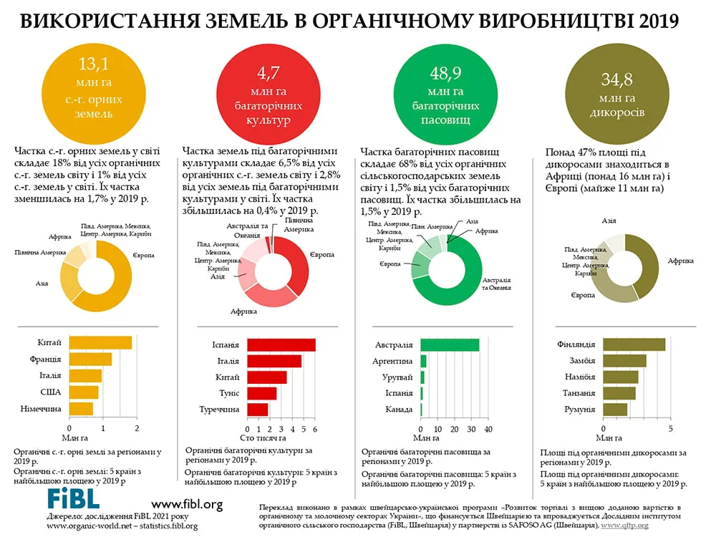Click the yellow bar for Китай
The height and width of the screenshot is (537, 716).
coord(100,343)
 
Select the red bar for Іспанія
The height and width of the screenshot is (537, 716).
coord(281,345)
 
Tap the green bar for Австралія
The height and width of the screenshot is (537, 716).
coord(450,345)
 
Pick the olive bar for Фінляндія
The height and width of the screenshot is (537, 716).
coord(634,344)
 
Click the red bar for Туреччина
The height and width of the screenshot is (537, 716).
coord(258,410)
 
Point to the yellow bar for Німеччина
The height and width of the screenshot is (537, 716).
coord(82,409)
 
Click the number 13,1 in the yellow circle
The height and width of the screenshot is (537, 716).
coord(94,64)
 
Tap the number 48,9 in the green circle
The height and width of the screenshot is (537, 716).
coord(445,73)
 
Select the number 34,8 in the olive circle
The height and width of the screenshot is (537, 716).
coord(617,79)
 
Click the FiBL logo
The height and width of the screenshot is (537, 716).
coord(73,498)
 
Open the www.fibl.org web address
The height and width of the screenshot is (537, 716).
coord(187,505)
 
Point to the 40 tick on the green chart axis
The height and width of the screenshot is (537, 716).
coord(488,429)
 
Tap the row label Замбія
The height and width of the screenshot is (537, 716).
coord(582,361)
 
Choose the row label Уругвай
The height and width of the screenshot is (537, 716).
coord(397,377)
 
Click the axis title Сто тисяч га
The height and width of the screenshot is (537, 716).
coord(263,438)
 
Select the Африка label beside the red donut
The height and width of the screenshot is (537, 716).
coord(243,311)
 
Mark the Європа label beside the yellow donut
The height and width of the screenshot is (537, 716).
coord(143,256)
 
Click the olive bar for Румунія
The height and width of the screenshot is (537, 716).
coord(615,410)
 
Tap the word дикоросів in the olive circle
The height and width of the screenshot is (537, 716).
coord(617,112)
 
